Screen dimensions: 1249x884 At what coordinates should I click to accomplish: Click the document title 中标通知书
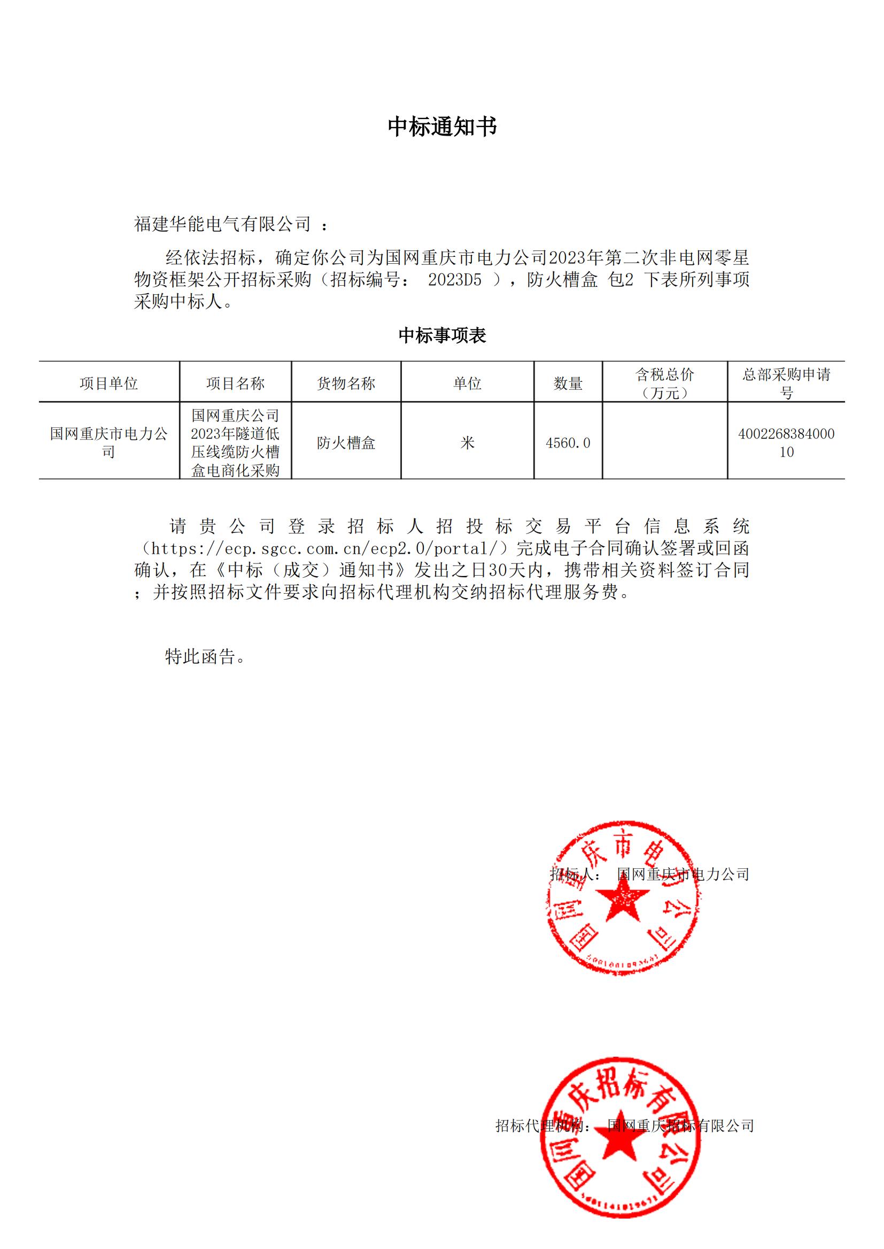442,127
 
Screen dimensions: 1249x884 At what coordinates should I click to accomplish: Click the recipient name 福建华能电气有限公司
222,224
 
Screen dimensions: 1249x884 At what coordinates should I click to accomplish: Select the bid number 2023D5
454,280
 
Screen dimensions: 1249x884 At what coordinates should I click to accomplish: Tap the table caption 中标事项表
442,335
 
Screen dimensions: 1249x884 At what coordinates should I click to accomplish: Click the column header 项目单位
109,383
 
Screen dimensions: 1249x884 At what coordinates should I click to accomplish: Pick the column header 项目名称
235,383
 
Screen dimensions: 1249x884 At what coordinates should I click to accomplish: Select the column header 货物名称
346,383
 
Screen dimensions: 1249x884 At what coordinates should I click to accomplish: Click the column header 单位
467,383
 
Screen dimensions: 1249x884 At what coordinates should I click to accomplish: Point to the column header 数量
568,383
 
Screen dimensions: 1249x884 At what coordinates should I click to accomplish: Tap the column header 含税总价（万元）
665,383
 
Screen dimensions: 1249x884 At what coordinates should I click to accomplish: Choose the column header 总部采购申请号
786,383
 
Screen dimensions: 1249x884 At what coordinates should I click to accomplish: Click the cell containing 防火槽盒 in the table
346,443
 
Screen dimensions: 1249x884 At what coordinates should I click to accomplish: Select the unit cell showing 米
467,443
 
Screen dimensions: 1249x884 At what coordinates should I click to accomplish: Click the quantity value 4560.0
568,443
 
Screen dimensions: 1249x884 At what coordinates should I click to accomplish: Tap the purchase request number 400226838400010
786,443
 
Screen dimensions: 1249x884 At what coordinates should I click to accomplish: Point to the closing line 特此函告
205,657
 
